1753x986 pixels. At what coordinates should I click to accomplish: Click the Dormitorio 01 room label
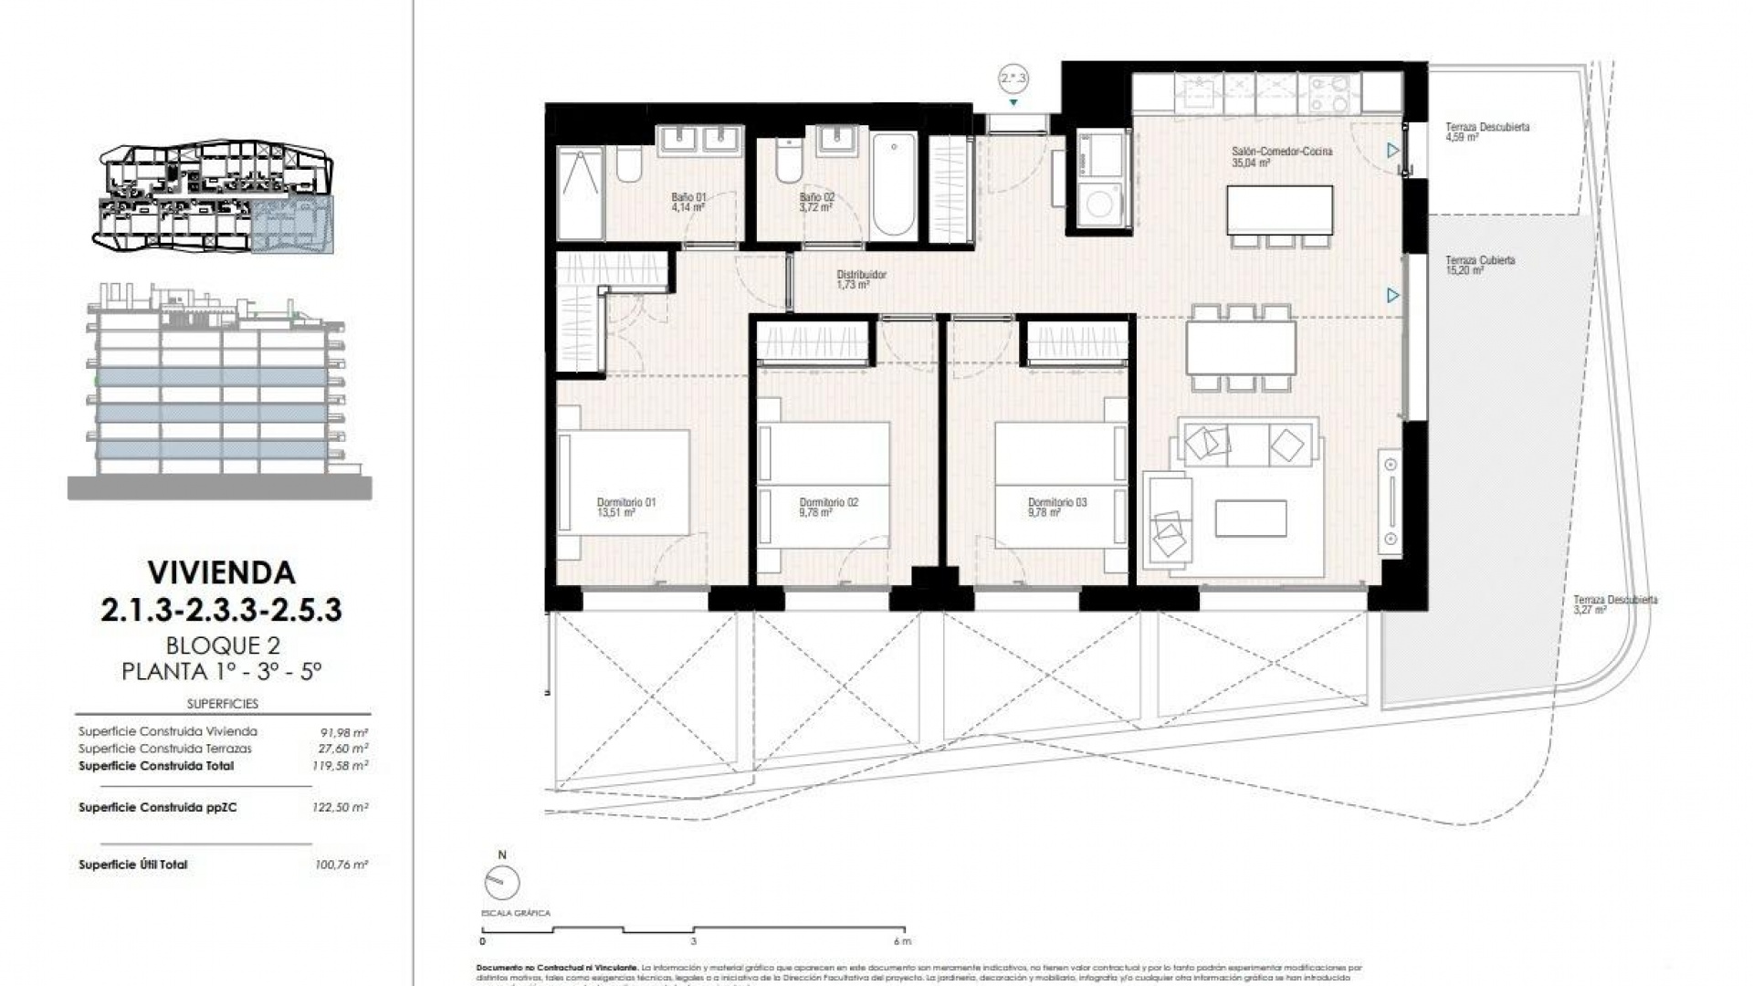click(x=625, y=508)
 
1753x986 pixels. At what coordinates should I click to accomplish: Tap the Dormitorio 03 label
click(x=1056, y=508)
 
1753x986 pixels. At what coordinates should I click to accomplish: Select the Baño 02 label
click(x=816, y=202)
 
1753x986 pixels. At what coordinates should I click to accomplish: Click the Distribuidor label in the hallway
click(x=861, y=279)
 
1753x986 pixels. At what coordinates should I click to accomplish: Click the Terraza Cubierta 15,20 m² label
click(x=1479, y=265)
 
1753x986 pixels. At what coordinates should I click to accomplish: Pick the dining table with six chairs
click(x=1240, y=348)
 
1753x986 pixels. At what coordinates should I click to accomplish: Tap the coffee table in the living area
click(x=1251, y=519)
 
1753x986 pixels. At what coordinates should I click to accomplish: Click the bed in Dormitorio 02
click(x=826, y=484)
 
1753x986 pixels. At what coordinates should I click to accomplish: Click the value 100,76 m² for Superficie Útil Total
click(x=340, y=865)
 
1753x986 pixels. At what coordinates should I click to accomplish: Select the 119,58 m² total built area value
click(x=340, y=766)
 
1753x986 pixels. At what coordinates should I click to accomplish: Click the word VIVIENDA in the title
click(x=221, y=572)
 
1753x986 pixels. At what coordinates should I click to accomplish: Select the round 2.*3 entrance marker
click(x=1013, y=79)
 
